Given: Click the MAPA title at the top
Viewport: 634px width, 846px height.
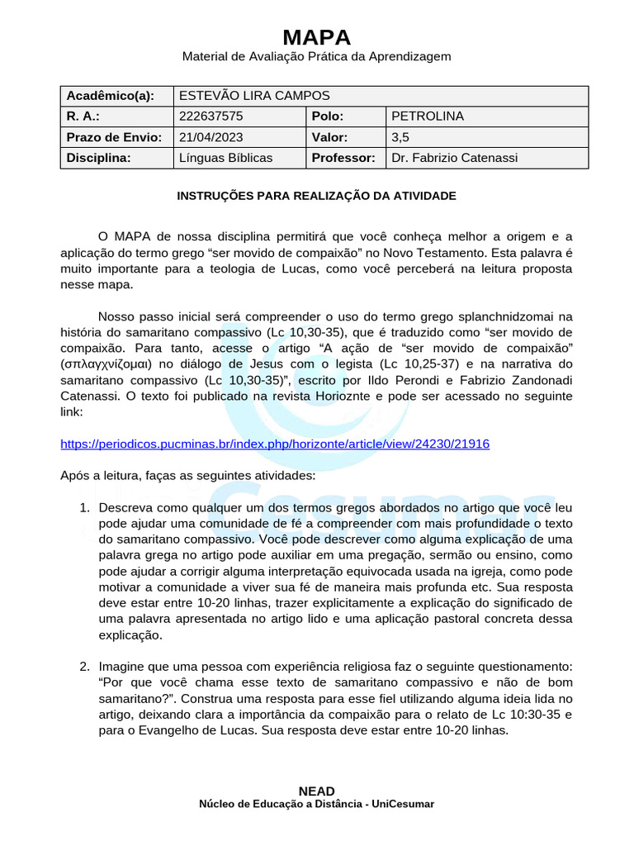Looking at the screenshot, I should click(x=317, y=37).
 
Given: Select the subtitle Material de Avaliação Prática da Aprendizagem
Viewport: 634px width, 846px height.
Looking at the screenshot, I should click(x=317, y=56).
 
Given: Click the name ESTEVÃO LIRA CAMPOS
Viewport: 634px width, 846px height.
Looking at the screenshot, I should click(x=253, y=96).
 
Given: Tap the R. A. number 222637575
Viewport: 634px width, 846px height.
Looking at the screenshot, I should click(x=211, y=116).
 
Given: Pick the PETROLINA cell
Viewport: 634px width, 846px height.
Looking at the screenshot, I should click(x=427, y=116).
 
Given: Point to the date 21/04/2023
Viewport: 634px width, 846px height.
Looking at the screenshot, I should click(x=211, y=137).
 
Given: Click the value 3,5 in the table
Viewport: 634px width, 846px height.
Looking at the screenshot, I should click(x=400, y=137).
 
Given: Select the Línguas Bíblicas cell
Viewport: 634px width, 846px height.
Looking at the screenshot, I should click(x=225, y=158).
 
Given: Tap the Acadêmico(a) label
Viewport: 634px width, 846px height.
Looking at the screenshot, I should click(x=111, y=96).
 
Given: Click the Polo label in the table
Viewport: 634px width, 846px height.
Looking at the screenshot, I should click(x=328, y=116).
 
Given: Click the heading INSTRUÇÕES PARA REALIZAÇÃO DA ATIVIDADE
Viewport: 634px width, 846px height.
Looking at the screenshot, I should click(x=317, y=196).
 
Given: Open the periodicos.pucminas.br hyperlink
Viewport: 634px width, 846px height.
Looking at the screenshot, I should click(x=275, y=444).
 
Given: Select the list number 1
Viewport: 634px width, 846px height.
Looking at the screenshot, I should click(x=84, y=507).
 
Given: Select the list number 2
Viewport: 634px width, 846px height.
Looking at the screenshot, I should click(x=84, y=667).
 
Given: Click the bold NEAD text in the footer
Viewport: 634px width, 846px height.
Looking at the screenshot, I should click(x=317, y=791).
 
